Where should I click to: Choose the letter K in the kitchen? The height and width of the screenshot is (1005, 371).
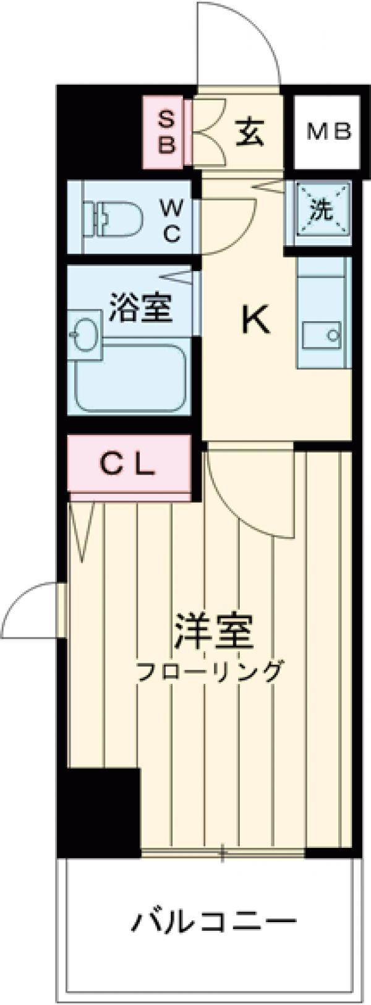255,321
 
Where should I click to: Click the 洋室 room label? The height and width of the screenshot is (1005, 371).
213,631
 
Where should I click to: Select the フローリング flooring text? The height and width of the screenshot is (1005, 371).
210,671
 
